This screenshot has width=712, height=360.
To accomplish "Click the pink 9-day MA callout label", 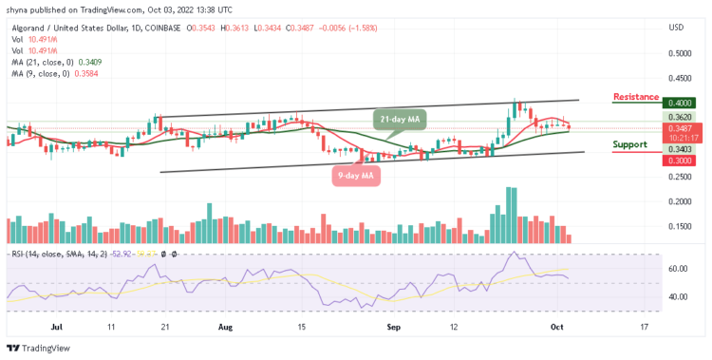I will pos(357,175).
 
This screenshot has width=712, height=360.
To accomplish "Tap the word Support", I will pos(629,145).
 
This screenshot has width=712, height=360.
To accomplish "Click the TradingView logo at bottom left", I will pos(40,347).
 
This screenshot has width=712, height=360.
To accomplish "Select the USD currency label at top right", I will pos(676,27).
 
